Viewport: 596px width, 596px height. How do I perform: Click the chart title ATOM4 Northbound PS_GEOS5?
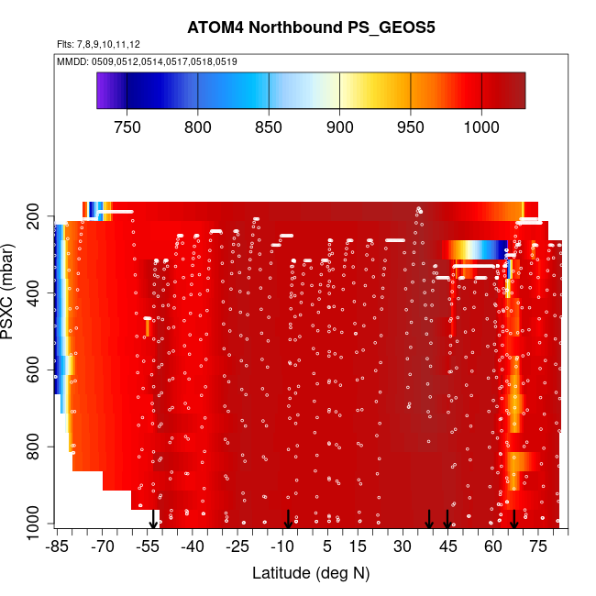tap(311, 28)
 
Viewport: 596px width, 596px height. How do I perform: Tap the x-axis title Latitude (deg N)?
tap(311, 573)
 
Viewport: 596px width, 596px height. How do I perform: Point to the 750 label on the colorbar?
tap(127, 127)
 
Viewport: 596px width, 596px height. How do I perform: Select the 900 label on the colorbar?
tap(340, 127)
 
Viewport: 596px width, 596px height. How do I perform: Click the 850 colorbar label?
tap(269, 127)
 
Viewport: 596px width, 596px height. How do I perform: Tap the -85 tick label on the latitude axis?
tap(57, 546)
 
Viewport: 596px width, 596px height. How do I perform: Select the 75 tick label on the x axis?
tap(538, 546)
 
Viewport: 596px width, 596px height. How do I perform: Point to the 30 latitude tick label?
tap(403, 546)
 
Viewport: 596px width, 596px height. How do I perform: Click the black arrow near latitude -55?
tap(153, 519)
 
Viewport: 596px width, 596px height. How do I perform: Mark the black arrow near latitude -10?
tap(288, 519)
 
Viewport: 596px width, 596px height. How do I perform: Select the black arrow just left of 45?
tap(429, 519)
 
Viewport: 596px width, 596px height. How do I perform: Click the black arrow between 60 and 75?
tap(514, 519)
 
